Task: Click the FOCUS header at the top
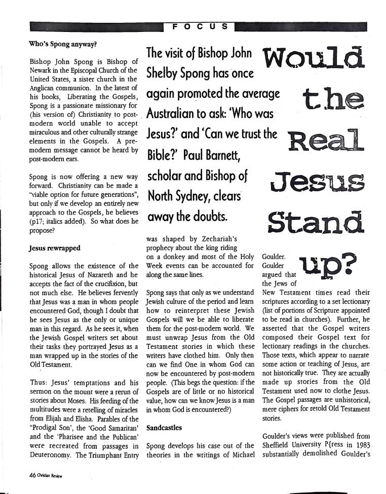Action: coord(199,26)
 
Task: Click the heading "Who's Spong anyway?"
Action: coord(63,44)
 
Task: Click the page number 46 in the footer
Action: coord(33,476)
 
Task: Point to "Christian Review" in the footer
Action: coord(51,477)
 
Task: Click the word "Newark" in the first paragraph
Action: coord(43,70)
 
